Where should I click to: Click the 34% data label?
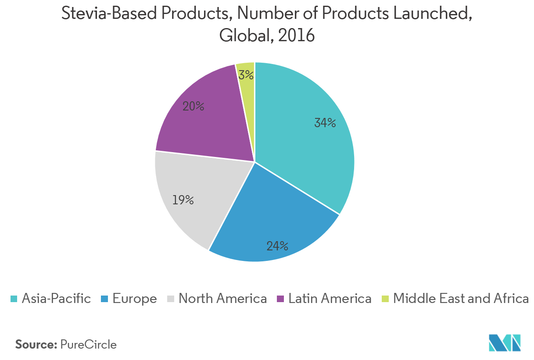coord(325,123)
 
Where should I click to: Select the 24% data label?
coord(277,246)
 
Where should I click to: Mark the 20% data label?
coord(193,106)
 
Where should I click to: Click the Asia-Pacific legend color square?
coord(14,299)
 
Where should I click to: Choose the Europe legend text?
coord(134,299)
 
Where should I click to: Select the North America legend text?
coord(222,299)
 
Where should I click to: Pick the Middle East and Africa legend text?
coord(461,299)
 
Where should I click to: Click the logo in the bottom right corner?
coord(505,342)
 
